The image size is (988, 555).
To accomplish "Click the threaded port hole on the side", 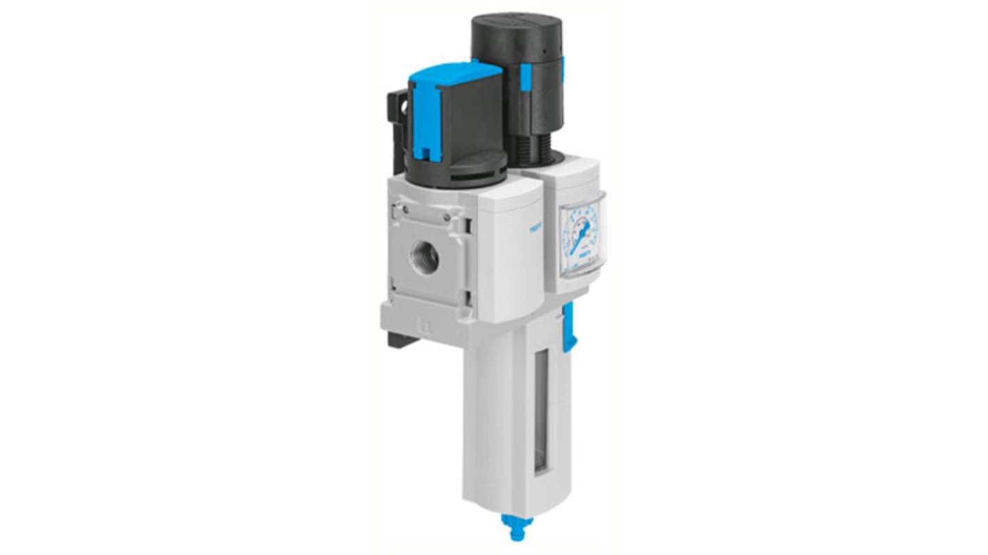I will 424,258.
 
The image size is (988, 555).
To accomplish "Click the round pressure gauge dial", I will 581,236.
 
